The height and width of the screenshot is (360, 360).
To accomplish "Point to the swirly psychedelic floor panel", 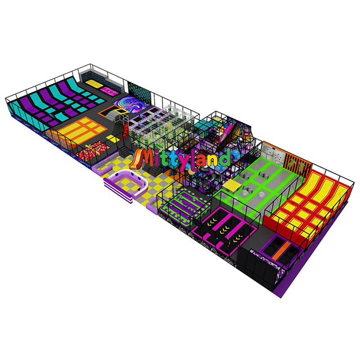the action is point(131,105).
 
